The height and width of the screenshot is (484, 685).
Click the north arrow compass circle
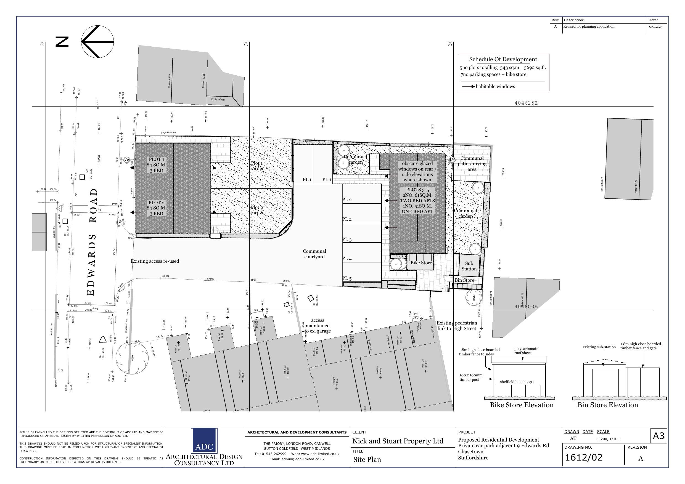(x=97, y=42)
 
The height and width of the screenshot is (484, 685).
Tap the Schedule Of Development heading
(x=503, y=59)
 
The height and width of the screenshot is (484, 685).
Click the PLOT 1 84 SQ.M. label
(x=156, y=165)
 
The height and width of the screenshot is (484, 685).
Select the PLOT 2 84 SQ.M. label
(x=156, y=208)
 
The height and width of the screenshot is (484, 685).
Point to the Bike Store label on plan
(x=421, y=263)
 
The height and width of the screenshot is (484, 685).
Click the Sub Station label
(x=469, y=266)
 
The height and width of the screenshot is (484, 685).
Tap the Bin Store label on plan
(x=464, y=280)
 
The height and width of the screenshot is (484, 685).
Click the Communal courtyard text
(x=314, y=254)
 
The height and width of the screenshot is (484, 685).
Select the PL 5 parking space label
(x=347, y=278)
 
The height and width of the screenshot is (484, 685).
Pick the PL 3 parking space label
(x=347, y=240)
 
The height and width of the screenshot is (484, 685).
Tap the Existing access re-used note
(x=155, y=261)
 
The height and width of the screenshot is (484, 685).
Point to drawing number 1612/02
(x=584, y=458)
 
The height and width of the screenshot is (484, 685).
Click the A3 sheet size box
(x=658, y=436)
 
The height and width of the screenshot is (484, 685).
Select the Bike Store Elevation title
(x=522, y=405)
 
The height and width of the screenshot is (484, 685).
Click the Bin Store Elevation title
(x=607, y=405)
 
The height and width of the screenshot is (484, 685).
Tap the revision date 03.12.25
(x=655, y=26)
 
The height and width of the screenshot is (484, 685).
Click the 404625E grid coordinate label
(x=526, y=103)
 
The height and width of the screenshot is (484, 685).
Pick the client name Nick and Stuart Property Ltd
(x=398, y=441)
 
